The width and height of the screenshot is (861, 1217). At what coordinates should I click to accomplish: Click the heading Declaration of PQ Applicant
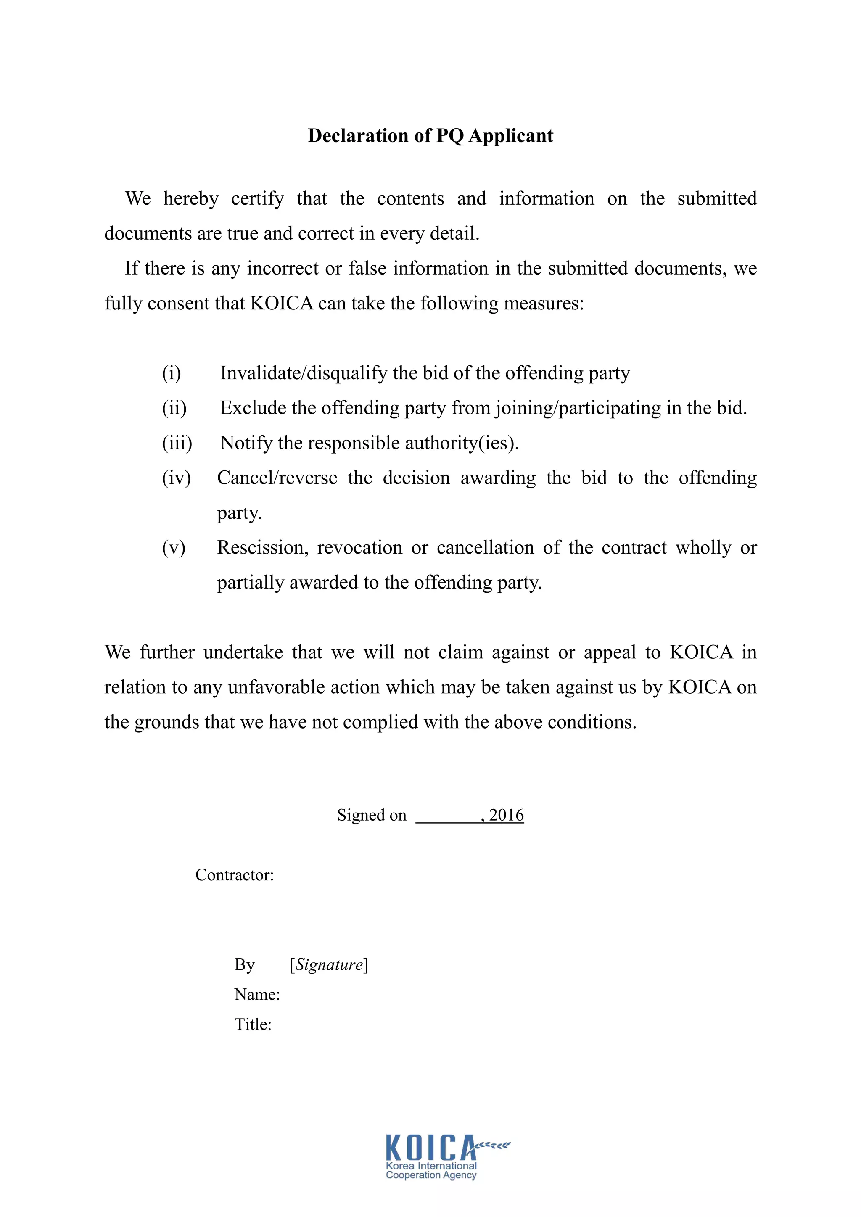point(430,136)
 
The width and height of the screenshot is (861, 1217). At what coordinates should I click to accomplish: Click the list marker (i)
point(171,373)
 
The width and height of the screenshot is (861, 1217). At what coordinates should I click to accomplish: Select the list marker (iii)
point(177,443)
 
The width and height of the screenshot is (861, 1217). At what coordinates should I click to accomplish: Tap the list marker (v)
point(173,547)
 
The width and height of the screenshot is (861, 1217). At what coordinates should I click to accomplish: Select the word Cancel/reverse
point(277,478)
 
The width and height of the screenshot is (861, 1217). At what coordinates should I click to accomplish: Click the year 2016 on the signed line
point(506,815)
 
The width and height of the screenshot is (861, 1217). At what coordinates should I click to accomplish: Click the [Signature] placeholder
point(329,964)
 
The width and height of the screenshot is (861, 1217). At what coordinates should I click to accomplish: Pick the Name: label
point(257,994)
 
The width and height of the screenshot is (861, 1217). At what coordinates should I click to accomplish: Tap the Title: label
point(253,1024)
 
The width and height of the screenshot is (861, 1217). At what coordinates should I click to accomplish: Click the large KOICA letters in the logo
point(430,1148)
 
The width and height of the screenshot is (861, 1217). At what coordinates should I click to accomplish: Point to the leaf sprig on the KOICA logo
point(493,1146)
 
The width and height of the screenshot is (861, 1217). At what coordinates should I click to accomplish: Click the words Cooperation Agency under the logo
point(431,1175)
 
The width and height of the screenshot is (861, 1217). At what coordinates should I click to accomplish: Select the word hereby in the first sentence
point(191,199)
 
